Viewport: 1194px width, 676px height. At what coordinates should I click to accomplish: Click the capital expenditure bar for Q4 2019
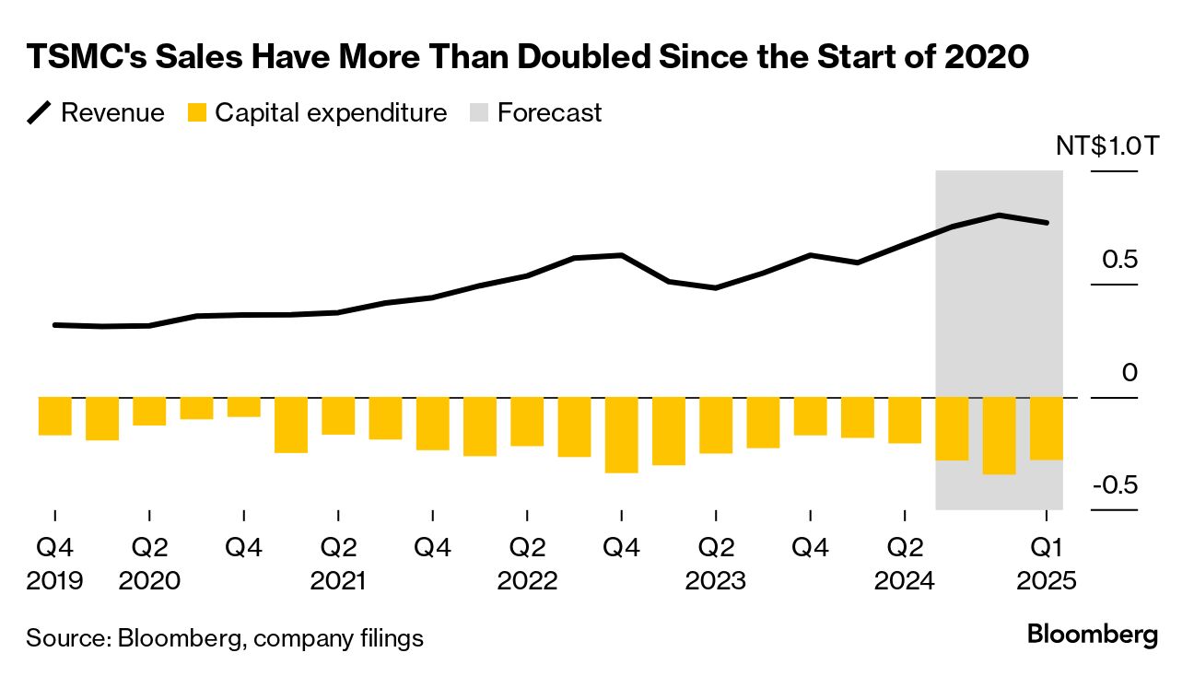click(54, 416)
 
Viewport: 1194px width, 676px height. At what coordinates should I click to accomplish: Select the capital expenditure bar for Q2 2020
click(149, 412)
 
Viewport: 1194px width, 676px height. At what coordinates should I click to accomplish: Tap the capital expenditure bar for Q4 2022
click(621, 435)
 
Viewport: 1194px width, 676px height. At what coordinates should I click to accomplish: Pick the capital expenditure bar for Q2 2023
click(716, 425)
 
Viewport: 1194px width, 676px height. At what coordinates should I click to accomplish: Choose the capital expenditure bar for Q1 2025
click(1046, 428)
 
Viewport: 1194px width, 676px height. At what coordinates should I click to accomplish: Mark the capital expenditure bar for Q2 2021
click(338, 416)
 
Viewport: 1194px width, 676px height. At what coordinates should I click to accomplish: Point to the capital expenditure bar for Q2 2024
click(905, 421)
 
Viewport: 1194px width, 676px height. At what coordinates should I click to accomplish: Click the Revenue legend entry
click(96, 113)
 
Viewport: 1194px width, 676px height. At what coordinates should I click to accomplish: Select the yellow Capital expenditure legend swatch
click(196, 113)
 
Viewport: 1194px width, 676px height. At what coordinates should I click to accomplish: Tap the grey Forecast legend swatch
click(479, 113)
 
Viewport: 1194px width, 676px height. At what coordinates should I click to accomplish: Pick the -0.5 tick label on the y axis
click(1115, 485)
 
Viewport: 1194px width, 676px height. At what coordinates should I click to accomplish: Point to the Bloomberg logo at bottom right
click(1092, 635)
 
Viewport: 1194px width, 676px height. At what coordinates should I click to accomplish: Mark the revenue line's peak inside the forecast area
click(999, 216)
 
